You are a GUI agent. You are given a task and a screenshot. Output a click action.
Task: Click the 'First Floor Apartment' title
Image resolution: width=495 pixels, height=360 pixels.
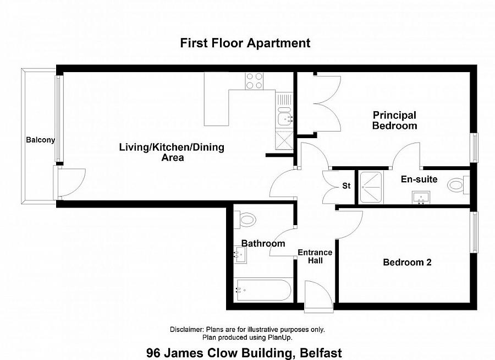(x=245, y=43)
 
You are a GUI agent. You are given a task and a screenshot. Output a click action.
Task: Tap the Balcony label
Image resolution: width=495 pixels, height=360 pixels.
(x=40, y=140)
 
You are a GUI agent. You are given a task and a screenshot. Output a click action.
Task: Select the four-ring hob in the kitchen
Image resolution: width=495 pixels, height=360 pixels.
(x=254, y=81)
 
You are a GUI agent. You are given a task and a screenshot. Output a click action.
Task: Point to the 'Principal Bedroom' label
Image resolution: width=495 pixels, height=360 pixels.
(x=394, y=120)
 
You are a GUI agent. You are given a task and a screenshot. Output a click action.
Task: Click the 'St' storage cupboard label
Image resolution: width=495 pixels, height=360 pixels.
(x=346, y=186)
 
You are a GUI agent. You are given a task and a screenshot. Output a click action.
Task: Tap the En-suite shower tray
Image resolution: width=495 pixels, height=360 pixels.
(x=371, y=187)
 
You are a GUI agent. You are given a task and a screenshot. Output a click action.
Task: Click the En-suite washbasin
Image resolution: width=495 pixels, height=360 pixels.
(x=421, y=198)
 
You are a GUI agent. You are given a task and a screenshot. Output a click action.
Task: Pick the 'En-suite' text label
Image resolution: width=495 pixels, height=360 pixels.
(x=419, y=179)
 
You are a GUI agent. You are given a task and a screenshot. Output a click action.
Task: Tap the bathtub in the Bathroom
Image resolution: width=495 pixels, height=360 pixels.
(x=264, y=290)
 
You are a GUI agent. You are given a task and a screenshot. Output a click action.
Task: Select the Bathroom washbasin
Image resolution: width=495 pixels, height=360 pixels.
(x=240, y=255)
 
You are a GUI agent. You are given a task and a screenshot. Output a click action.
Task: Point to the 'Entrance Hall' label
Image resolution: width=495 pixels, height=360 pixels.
(x=315, y=257)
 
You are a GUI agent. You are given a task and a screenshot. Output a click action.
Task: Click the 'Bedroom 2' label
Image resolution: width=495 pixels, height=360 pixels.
(x=407, y=263)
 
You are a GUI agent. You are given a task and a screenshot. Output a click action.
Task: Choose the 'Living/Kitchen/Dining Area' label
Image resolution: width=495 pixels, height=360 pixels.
(x=172, y=152)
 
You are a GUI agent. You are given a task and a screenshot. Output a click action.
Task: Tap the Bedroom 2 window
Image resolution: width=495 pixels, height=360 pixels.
(x=474, y=232)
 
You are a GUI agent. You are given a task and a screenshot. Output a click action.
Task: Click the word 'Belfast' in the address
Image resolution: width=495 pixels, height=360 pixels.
(x=321, y=353)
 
